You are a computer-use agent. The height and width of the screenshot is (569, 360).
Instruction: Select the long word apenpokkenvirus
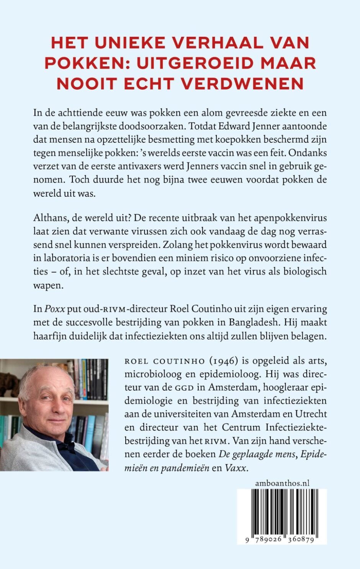[291, 218]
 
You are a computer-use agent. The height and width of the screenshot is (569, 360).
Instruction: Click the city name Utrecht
[310, 414]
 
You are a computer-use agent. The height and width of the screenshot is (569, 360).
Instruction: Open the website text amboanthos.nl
[282, 483]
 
